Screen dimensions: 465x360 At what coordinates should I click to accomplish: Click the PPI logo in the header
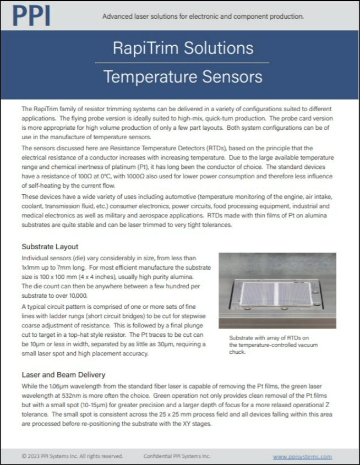(x=31, y=15)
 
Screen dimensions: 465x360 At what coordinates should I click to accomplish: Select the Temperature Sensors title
(x=183, y=76)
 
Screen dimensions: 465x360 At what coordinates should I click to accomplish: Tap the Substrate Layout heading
(x=50, y=247)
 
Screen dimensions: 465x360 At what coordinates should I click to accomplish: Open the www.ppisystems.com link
(x=302, y=456)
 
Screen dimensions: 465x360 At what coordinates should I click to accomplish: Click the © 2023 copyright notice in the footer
(x=72, y=456)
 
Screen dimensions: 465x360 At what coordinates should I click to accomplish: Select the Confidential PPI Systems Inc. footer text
(x=177, y=456)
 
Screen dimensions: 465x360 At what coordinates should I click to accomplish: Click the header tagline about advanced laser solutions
(x=203, y=17)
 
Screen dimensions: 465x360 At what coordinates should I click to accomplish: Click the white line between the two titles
(x=183, y=62)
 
